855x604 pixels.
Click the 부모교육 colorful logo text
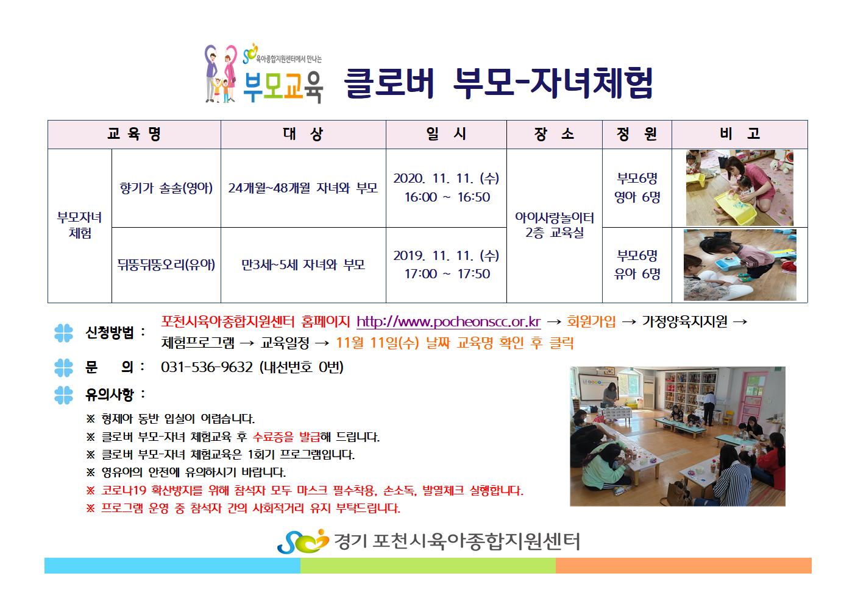283,87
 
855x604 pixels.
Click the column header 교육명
134,134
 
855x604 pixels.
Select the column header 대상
303,134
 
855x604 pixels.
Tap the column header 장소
554,134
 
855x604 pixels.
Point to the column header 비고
739,134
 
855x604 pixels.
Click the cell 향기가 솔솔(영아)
166,188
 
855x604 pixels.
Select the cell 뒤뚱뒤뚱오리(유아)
166,265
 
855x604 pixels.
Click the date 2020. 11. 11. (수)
446,178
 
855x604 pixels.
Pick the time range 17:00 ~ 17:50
447,274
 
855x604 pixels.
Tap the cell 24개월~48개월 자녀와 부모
303,188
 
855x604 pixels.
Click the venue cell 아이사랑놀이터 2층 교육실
554,225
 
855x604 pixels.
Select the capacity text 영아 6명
637,197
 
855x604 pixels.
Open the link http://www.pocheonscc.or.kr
449,322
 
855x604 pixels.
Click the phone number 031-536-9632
207,367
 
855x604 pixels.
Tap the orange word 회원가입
591,322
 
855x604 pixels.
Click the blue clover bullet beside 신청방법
63,333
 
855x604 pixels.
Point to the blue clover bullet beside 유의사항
63,395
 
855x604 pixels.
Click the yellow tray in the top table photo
735,208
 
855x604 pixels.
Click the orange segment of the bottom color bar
684,566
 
